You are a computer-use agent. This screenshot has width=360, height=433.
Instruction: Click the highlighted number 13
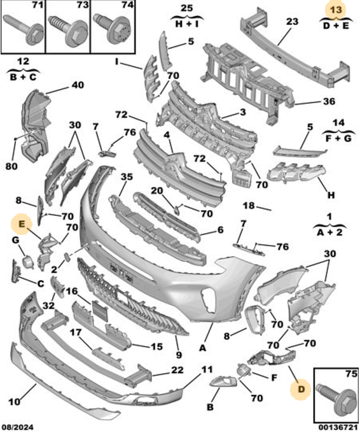coord(336,10)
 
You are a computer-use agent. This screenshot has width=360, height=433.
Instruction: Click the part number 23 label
coord(292,22)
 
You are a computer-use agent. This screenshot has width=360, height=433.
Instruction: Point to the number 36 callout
coord(329,101)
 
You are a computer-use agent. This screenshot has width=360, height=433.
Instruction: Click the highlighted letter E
coord(22,224)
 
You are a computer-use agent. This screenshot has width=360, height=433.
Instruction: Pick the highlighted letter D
coord(301,389)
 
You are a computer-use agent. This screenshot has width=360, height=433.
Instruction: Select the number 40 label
coord(78,85)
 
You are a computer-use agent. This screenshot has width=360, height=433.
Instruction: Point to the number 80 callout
coord(11,166)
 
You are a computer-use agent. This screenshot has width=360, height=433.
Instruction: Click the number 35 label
coord(127,177)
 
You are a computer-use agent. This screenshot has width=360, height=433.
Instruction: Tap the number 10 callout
coord(14,402)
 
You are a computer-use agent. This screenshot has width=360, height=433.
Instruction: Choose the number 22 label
coord(177,370)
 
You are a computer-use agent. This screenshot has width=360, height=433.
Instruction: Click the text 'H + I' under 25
coord(187,24)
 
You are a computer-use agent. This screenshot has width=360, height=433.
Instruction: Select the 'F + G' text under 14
coord(338,138)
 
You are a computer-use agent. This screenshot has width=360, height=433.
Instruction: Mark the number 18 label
coord(249,206)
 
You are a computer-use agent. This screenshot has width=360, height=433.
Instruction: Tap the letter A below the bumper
coord(203,348)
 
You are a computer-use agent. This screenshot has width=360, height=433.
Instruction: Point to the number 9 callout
coord(179,355)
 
